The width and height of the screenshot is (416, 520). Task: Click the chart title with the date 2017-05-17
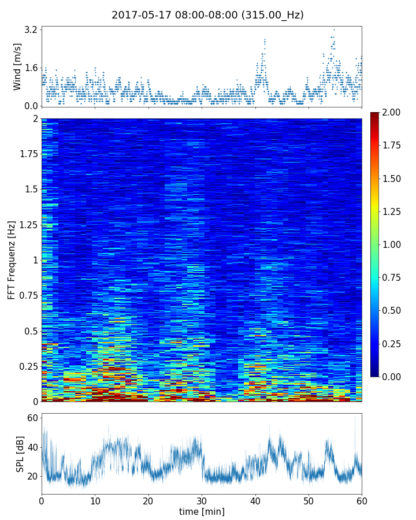coord(207,15)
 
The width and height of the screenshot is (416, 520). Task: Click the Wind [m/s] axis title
coord(17,66)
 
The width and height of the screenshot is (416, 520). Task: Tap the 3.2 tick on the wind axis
coord(31,29)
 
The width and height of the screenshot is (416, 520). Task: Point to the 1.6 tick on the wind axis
coord(31,68)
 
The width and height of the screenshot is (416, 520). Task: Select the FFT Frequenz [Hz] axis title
coord(12,259)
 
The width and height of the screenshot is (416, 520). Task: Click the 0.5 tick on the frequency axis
coord(30,331)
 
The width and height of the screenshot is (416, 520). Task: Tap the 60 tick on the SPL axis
coord(32,418)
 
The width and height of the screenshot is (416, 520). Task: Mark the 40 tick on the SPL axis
coord(32,447)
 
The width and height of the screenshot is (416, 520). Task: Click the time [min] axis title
coord(202,511)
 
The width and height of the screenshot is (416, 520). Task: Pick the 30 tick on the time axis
coord(202,500)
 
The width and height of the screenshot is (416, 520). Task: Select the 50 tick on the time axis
coord(309,500)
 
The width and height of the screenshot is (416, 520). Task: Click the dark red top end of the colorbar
coord(375,115)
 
